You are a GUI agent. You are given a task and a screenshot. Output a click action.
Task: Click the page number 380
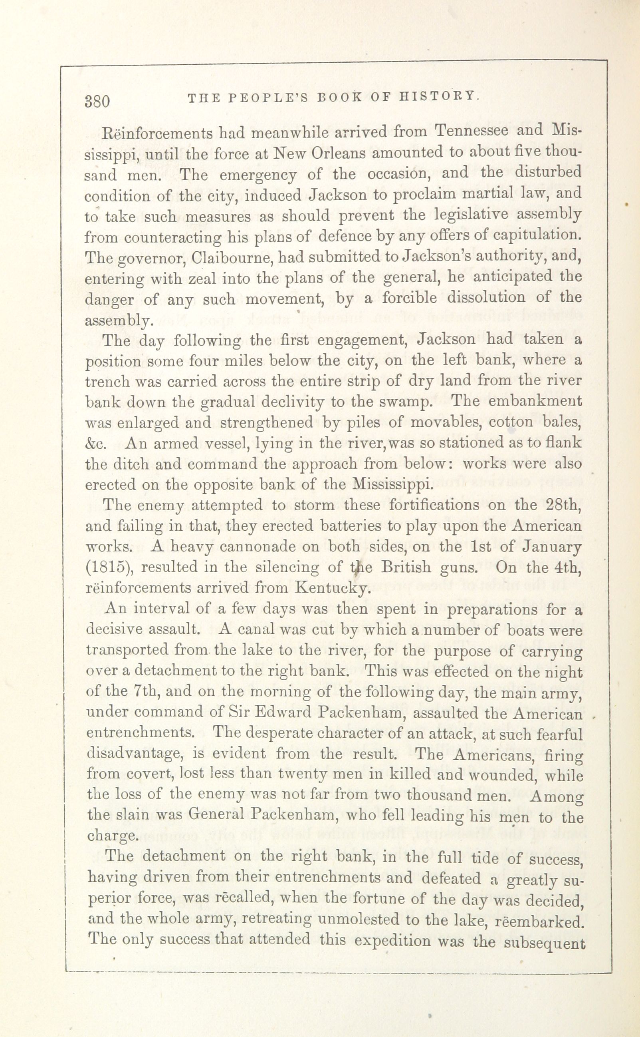[97, 102]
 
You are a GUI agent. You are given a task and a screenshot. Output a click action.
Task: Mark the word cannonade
[246, 547]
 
